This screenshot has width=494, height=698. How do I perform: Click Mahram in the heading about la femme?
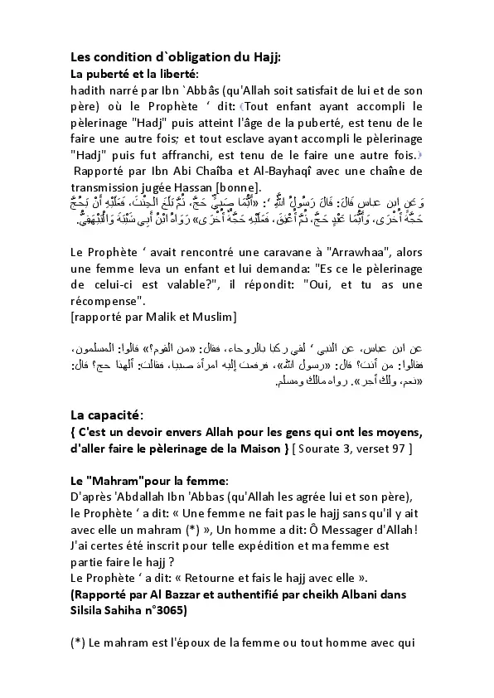click(118, 481)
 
